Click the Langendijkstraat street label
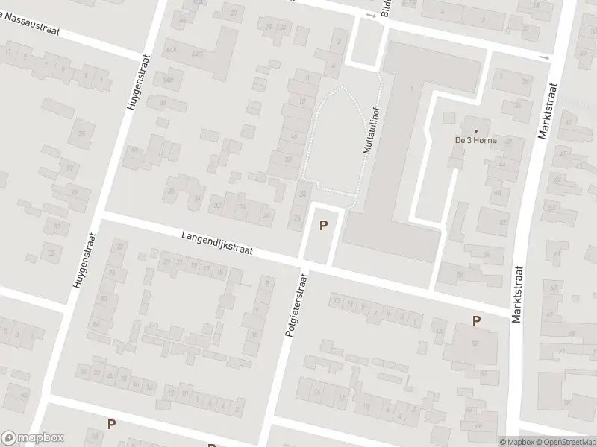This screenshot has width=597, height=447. click(217, 244)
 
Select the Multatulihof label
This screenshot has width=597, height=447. click(369, 128)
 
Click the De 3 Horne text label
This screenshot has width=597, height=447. click(475, 139)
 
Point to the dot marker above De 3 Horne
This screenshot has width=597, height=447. click(475, 130)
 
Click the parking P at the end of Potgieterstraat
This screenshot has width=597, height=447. click(323, 225)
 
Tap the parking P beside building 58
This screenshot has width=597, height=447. click(475, 320)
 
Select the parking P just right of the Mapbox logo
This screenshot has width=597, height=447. click(111, 424)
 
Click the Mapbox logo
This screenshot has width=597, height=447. click(32, 438)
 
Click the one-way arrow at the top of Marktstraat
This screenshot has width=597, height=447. click(544, 57)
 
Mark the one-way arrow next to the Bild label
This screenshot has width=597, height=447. click(369, 15)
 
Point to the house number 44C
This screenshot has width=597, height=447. click(197, 54)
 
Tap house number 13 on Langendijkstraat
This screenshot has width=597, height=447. click(337, 301)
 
